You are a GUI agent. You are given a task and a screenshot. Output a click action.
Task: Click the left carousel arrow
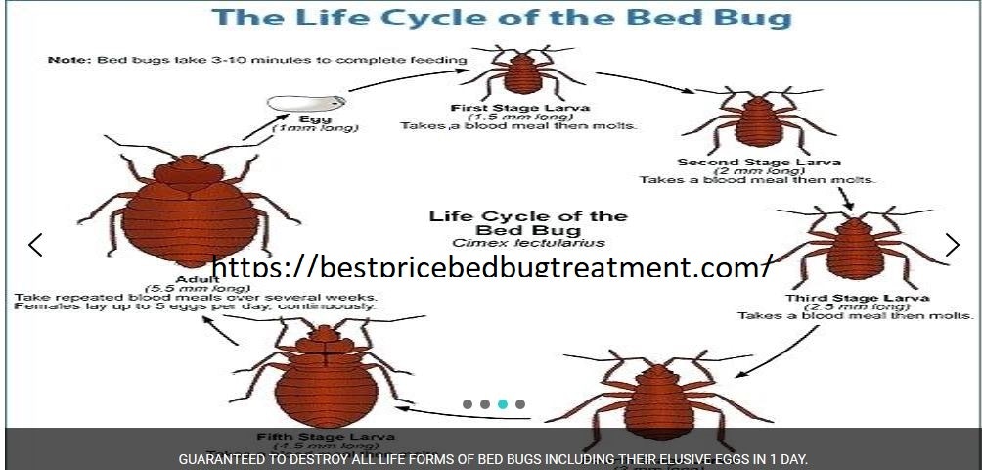pyautogui.click(x=35, y=245)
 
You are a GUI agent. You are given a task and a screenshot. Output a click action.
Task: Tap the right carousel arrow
pyautogui.click(x=952, y=245)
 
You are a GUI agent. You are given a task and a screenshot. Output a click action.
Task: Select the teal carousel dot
pyautogui.click(x=503, y=403)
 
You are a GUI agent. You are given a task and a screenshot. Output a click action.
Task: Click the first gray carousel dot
pyautogui.click(x=468, y=403)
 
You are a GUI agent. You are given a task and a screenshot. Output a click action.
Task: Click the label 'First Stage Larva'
pyautogui.click(x=520, y=107)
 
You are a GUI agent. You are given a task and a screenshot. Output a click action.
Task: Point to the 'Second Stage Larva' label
pyautogui.click(x=758, y=162)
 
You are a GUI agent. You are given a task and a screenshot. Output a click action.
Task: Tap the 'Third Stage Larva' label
pyautogui.click(x=857, y=298)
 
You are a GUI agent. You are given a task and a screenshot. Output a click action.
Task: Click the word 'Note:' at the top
pyautogui.click(x=68, y=60)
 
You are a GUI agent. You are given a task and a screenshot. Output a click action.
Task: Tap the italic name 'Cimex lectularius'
pyautogui.click(x=528, y=243)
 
